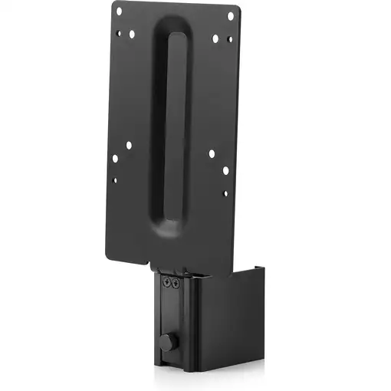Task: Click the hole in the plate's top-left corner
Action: (x=119, y=11)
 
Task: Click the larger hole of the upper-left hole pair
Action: (x=132, y=34)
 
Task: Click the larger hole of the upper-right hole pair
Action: (x=215, y=38)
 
